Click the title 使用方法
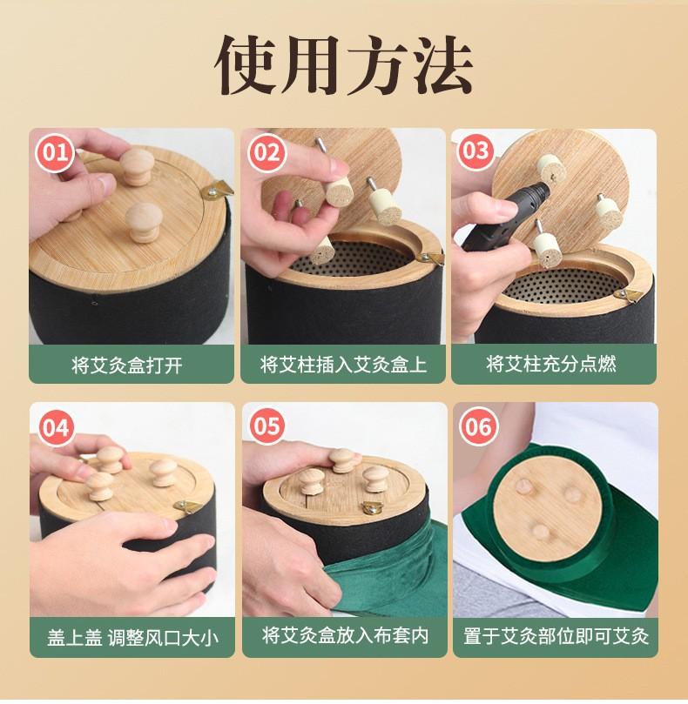coord(344,65)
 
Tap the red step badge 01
coord(55,152)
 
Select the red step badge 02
coord(267,152)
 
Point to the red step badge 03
coord(476,151)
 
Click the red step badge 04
coord(57,426)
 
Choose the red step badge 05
coord(267,426)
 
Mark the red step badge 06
coord(479,426)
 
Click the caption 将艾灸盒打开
coord(127,365)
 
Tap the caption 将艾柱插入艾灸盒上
coord(343,364)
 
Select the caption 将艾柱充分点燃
coord(551,364)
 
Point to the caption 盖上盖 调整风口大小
coord(132,638)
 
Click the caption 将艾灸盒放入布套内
coord(345,636)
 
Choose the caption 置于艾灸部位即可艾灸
coord(556,636)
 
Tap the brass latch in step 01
coord(217,190)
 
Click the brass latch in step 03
coord(628,294)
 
